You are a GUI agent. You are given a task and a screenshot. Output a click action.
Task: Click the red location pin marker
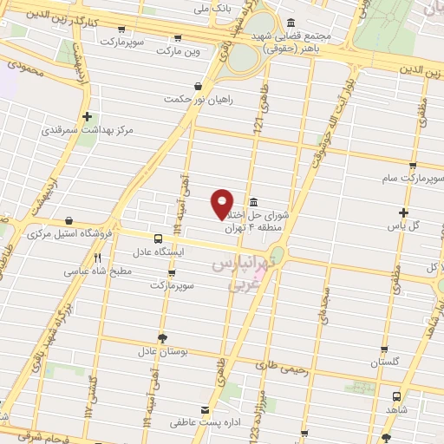tap(223, 203)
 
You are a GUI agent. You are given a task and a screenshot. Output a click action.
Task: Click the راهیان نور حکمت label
tap(202, 99)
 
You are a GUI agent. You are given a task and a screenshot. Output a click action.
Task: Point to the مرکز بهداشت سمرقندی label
tap(88, 129)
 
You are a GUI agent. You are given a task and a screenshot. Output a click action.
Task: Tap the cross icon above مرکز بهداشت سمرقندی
tap(88, 115)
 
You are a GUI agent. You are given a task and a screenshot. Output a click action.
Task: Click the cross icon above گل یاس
tap(403, 212)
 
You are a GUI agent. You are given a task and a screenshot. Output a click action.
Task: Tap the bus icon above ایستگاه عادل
tap(158, 238)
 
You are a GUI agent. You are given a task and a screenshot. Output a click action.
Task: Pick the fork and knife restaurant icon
tap(98, 258)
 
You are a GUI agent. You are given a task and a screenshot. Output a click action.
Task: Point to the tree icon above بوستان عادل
tap(161, 339)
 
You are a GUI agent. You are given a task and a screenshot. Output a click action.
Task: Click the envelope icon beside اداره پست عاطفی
tap(205, 409)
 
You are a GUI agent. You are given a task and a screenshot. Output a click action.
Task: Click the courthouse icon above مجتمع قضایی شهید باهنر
tap(289, 22)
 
